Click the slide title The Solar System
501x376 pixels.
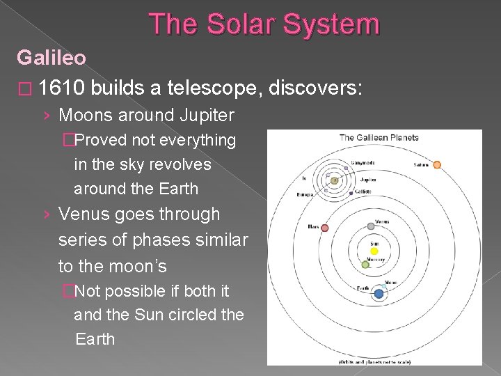click(x=265, y=24)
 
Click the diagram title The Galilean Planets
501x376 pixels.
click(x=379, y=138)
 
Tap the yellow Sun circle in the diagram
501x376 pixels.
click(x=374, y=251)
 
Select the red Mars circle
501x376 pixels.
click(x=324, y=228)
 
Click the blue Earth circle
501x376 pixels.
click(x=379, y=294)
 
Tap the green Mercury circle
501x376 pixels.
click(x=365, y=265)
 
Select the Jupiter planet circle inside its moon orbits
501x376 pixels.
click(x=335, y=180)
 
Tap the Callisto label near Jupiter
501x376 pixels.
click(x=363, y=191)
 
